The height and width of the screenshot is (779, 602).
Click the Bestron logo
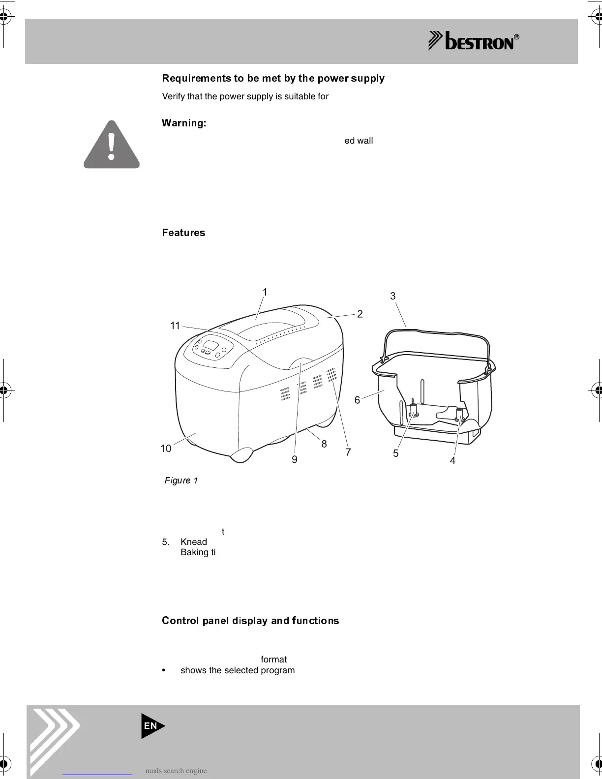(x=474, y=41)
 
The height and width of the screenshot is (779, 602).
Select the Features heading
(x=183, y=233)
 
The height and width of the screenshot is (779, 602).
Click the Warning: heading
(x=183, y=123)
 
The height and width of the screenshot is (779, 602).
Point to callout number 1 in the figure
(x=265, y=292)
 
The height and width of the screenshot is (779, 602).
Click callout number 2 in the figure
(x=360, y=314)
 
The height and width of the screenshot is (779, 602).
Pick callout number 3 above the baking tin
(x=392, y=296)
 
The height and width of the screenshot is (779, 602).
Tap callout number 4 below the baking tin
(x=452, y=461)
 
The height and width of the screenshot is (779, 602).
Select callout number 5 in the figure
(x=396, y=453)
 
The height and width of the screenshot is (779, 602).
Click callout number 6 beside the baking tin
(x=358, y=400)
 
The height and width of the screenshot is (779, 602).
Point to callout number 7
(x=348, y=452)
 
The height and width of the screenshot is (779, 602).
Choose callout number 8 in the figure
(x=324, y=444)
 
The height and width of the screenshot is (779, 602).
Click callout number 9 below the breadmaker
(x=294, y=459)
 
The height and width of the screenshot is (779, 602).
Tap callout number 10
(x=166, y=449)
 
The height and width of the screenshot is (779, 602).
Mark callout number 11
(x=175, y=326)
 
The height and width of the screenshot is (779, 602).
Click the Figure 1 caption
(x=181, y=480)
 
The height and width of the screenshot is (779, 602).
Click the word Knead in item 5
(x=194, y=542)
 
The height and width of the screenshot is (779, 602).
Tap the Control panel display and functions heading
(x=250, y=621)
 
